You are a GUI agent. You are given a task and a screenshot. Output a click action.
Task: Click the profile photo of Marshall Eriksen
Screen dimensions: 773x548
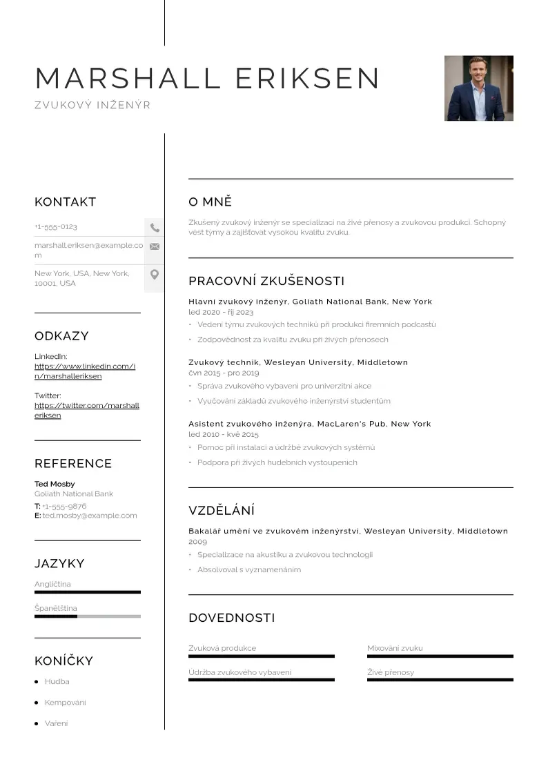pos(478,88)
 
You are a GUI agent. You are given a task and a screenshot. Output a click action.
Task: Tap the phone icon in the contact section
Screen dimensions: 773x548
pos(155,227)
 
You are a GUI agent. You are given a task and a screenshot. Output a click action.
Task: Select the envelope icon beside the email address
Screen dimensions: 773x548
pos(155,246)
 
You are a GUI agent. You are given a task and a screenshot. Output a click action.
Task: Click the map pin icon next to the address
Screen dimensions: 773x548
pos(155,275)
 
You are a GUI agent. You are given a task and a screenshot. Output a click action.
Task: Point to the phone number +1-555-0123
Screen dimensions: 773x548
pos(56,227)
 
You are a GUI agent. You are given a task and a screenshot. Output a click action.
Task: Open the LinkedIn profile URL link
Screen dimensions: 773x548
pos(85,371)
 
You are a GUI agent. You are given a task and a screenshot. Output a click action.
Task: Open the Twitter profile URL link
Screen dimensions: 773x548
pos(87,411)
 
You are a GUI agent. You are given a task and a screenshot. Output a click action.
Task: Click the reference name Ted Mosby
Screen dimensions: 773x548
pos(55,484)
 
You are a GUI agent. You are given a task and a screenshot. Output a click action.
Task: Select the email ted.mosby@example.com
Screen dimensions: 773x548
pos(90,516)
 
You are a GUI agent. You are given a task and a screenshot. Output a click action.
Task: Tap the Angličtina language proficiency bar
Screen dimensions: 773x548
pos(88,592)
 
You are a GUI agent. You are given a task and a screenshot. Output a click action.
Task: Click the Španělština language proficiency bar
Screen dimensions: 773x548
pos(88,616)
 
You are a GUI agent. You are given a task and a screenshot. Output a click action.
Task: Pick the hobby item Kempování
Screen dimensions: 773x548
pos(66,703)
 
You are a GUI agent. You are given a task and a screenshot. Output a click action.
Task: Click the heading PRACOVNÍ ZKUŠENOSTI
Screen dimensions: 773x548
pos(266,281)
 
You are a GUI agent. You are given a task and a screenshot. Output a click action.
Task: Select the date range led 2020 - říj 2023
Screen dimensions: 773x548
pos(221,313)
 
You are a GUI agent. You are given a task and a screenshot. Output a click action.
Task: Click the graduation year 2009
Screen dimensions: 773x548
pos(197,542)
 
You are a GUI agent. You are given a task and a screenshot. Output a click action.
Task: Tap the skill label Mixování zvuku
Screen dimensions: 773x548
pos(395,648)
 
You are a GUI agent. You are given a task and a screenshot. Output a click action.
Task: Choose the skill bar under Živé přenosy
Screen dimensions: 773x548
pos(440,680)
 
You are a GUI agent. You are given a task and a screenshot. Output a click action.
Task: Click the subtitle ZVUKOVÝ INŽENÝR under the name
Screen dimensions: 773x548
pos(92,106)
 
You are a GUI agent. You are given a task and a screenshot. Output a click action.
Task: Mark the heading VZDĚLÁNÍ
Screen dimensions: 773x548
pos(222,511)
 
